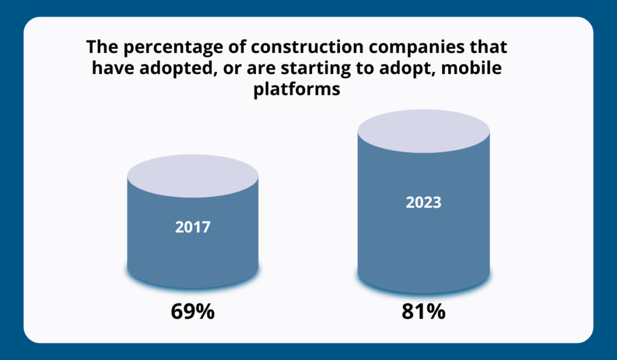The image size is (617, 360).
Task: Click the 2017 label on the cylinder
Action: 193,227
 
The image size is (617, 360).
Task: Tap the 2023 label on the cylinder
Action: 423,202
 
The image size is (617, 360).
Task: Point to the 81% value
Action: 423,312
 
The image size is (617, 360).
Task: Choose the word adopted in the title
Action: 170,69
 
